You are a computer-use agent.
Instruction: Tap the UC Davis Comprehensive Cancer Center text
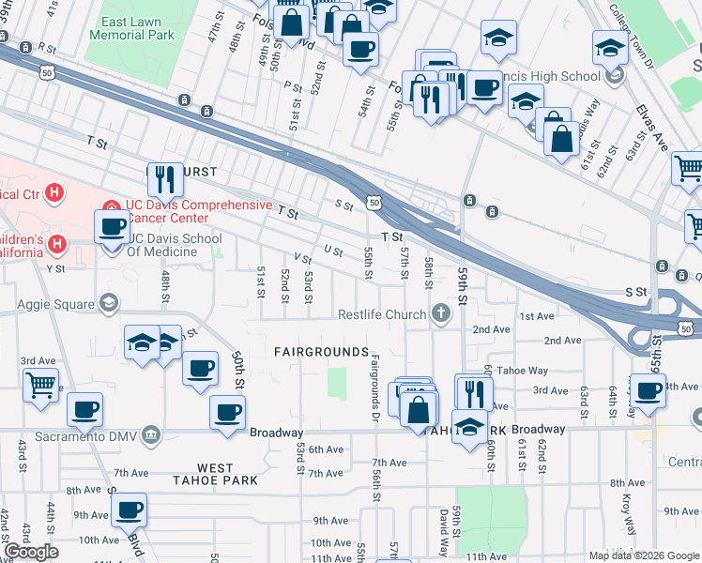[198, 211]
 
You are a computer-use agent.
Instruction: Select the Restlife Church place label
[382, 313]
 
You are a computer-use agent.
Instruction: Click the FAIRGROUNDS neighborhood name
[321, 351]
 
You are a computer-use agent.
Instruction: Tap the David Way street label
[443, 532]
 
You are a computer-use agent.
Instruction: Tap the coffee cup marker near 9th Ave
[129, 510]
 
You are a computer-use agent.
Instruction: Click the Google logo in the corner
[31, 552]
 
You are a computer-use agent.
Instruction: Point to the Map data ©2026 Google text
[644, 555]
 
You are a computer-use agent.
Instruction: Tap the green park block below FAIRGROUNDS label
[336, 383]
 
